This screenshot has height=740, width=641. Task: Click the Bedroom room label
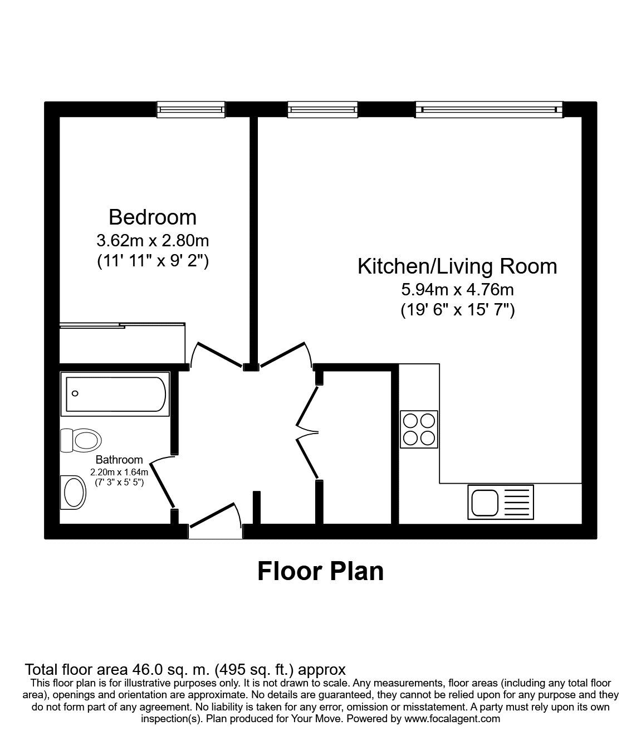click(x=152, y=217)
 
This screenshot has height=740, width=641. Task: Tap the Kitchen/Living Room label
click(x=457, y=266)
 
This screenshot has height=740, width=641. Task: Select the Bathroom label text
click(x=119, y=460)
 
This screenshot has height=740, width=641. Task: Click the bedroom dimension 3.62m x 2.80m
click(x=152, y=241)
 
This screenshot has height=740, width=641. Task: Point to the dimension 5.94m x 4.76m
click(x=457, y=290)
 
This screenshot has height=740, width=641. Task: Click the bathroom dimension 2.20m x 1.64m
click(x=119, y=472)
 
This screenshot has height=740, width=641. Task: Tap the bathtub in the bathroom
click(x=116, y=395)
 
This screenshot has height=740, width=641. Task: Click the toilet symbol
click(x=81, y=440)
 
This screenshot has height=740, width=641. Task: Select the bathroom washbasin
click(x=74, y=492)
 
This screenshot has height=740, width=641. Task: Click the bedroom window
click(x=191, y=110)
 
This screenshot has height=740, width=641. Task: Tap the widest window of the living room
click(x=489, y=110)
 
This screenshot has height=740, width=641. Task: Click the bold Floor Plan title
click(x=320, y=572)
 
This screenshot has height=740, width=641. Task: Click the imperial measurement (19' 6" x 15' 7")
click(x=457, y=310)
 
